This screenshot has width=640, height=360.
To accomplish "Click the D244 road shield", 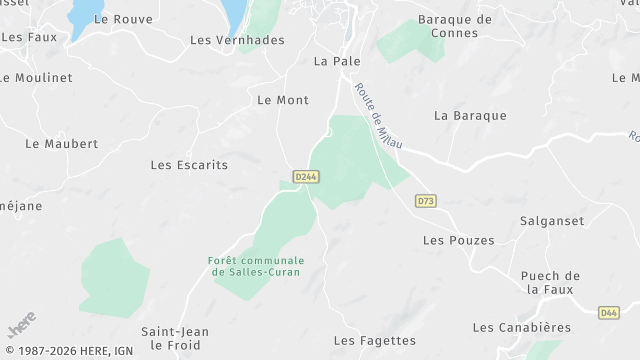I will coord(306,176).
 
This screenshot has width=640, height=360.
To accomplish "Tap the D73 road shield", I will coord(426,201).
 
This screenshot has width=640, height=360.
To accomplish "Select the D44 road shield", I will coord(609,313).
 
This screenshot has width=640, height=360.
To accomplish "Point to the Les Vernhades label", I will coord(237,40).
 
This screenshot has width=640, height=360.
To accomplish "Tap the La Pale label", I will coord(337,61).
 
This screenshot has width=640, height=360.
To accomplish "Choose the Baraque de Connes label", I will coord(455,26).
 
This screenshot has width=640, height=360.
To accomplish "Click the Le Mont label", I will coord(283,100).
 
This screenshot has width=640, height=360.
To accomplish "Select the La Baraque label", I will coord(470,115).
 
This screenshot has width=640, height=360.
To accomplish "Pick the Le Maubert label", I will coord(62,144).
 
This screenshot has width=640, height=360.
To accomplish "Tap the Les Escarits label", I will coord(189,165).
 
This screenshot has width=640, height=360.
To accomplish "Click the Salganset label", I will coord(552,220).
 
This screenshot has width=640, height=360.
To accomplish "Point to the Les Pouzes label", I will coord(459,240).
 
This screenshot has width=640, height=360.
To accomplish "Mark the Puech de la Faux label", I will coord(551,282).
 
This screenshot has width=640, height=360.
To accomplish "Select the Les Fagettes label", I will coord(374,340).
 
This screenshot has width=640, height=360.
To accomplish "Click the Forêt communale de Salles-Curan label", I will coord(256,266).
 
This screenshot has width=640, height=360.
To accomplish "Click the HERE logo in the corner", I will coord(21,324).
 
